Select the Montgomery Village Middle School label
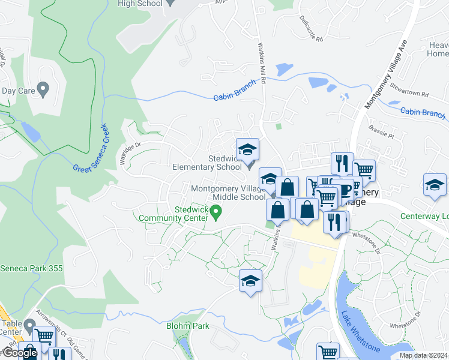228,193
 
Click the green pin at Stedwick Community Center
217,211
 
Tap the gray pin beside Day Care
43,91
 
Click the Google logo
19,353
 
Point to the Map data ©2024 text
423,355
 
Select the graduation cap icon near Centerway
434,185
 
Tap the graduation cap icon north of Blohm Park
250,280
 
